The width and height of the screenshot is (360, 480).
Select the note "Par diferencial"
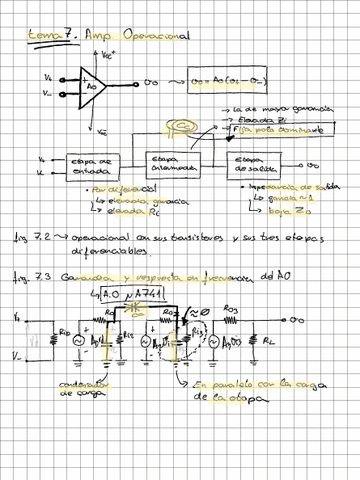(111, 188)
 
